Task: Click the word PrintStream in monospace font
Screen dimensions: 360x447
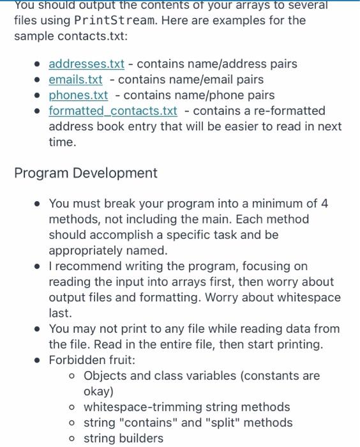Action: coord(114,20)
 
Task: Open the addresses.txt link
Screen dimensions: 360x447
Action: coord(86,64)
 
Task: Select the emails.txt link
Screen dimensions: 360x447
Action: coord(75,80)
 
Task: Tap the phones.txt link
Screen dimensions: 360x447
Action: coord(78,95)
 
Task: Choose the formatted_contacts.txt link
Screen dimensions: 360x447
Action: coord(113,111)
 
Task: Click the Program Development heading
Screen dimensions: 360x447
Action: coord(86,173)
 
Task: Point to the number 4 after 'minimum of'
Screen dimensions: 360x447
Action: coord(324,204)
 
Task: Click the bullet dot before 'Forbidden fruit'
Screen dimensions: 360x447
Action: coord(38,360)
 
